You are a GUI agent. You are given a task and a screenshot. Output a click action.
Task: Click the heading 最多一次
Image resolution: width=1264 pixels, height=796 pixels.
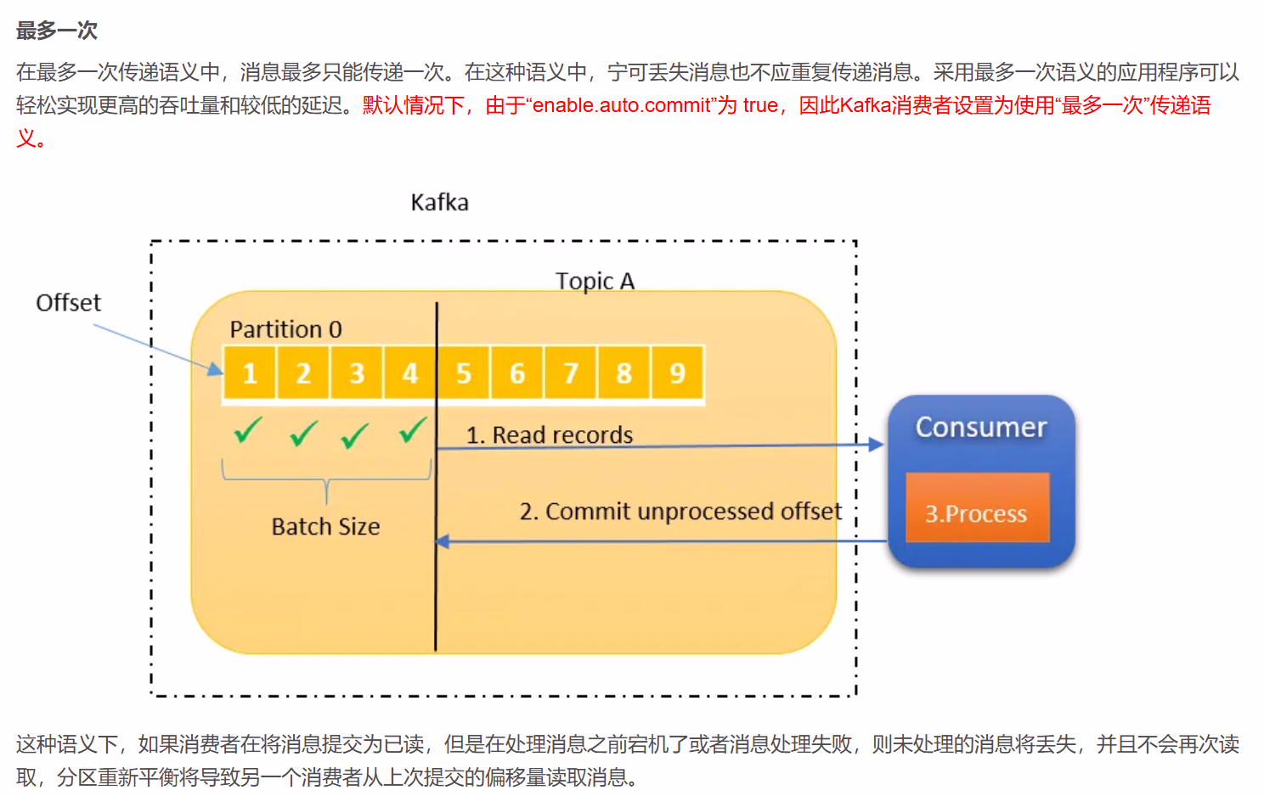point(56,31)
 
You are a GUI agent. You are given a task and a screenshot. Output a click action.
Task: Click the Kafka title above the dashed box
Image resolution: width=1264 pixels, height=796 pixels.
point(439,202)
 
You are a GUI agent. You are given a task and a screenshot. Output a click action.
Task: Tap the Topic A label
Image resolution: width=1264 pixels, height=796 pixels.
point(595,281)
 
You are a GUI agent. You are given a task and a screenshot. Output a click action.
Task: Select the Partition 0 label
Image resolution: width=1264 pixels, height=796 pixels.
point(285,329)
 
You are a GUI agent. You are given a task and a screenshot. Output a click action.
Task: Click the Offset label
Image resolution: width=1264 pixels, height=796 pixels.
point(68,303)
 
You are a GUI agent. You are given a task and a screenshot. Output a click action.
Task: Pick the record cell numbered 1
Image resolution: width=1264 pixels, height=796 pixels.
point(250,373)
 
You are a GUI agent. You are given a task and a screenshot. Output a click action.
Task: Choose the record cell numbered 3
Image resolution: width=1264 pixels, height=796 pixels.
point(357,373)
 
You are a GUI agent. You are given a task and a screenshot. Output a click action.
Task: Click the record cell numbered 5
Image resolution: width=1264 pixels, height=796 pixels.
point(464,373)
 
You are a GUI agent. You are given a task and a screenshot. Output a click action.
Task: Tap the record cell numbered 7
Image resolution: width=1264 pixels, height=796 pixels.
point(571,373)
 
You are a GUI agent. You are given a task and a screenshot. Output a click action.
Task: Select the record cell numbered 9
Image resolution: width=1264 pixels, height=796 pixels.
point(677,373)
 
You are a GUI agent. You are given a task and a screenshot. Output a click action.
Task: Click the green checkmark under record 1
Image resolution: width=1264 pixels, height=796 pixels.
point(247,430)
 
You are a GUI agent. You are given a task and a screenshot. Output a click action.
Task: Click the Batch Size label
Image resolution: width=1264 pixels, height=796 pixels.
point(325,527)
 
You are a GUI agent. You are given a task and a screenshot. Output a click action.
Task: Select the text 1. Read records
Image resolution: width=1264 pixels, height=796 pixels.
point(550,435)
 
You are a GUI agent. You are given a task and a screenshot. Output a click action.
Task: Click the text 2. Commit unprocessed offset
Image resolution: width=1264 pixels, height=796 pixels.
point(680,512)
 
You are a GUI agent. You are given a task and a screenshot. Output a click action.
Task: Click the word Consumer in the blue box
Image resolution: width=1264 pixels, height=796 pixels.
point(981,427)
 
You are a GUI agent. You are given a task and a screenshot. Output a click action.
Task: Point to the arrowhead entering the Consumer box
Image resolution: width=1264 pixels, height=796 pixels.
point(876,444)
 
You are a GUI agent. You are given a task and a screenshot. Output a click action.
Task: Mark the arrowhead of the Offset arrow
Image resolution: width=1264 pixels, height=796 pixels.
point(215,368)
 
